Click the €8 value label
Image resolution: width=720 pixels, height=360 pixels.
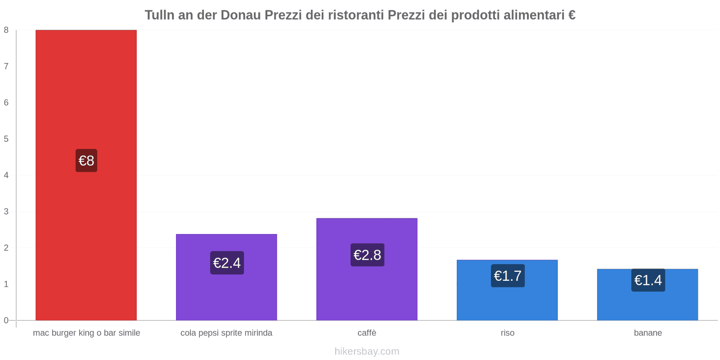click(86, 161)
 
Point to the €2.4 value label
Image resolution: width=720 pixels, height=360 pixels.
click(227, 263)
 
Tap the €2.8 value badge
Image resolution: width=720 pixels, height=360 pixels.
click(367, 255)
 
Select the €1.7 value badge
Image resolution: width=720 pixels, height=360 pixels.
click(508, 276)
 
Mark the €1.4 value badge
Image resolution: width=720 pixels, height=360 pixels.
click(648, 280)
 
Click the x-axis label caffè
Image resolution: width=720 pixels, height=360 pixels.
click(367, 333)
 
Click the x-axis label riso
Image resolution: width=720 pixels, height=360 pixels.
click(507, 333)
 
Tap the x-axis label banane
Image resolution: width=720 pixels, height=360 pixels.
click(648, 333)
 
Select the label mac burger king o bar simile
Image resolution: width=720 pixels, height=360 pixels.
click(86, 333)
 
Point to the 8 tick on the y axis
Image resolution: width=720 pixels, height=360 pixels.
click(6, 30)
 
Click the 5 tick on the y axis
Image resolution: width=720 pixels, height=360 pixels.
click(6, 139)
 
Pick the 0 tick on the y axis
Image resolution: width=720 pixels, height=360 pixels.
click(6, 320)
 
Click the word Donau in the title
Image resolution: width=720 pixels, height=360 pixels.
click(240, 15)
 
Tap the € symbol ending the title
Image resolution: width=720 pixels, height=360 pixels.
click(571, 15)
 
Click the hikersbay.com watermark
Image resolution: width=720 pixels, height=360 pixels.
click(367, 351)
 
